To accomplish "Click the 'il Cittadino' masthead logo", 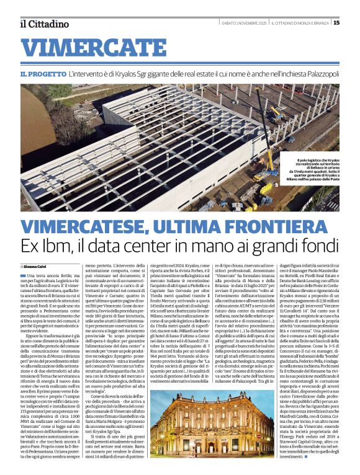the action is [x=44, y=24].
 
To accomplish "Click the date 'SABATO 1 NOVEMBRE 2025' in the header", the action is [x=245, y=24].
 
